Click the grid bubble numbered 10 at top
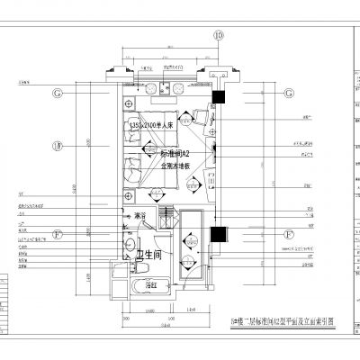click(x=217, y=36)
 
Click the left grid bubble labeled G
click(x=57, y=94)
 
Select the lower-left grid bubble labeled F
click(x=57, y=236)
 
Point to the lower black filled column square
click(x=216, y=235)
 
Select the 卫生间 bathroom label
click(x=151, y=256)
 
